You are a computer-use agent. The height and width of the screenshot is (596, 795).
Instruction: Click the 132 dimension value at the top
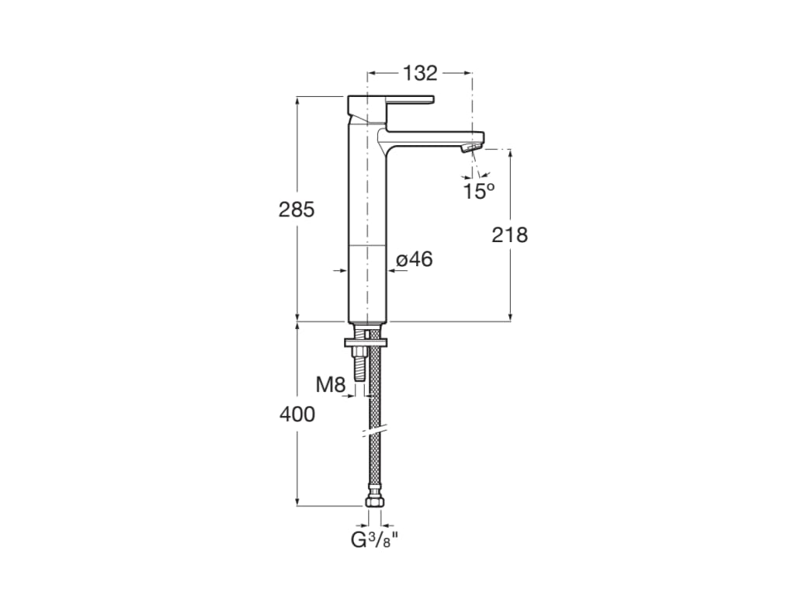(420, 74)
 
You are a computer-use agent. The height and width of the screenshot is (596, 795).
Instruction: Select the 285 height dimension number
(297, 210)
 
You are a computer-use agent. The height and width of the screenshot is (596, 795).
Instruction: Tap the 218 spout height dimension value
(509, 234)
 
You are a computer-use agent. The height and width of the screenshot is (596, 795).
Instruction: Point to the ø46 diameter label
(415, 259)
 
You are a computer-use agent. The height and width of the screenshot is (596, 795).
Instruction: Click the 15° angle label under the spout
(478, 191)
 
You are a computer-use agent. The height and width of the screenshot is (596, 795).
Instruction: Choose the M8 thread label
(331, 385)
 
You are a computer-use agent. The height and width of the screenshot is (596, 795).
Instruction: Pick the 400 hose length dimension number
(297, 414)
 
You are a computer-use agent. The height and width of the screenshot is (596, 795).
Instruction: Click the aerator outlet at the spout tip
(470, 148)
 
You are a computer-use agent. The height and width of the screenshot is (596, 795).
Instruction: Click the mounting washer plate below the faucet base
(366, 343)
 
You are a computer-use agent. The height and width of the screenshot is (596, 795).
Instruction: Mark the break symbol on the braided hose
(374, 431)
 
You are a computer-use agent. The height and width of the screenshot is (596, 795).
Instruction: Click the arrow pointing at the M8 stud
(349, 396)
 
